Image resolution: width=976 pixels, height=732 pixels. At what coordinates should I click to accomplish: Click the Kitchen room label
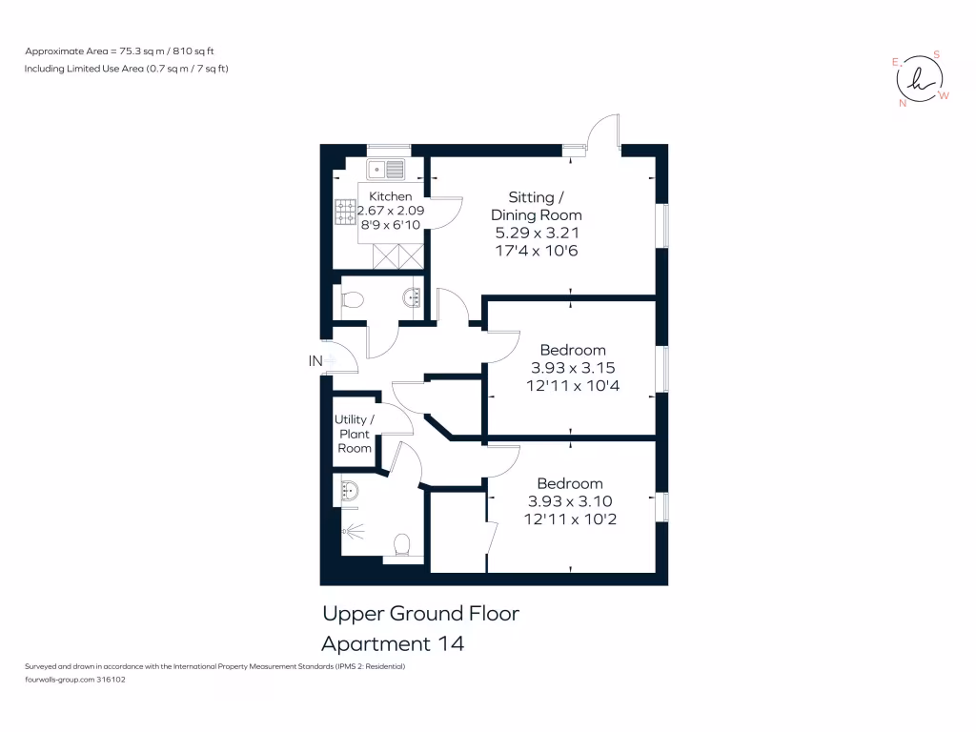click(390, 196)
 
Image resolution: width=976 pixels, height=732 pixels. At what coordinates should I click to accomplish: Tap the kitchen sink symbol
click(385, 169)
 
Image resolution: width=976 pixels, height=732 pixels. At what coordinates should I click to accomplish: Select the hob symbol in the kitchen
click(345, 212)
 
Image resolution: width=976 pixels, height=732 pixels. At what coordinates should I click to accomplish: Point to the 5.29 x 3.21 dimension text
click(537, 233)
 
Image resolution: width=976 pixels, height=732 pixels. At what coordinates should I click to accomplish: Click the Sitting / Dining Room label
click(536, 206)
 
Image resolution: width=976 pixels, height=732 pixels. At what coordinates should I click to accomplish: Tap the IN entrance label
click(315, 361)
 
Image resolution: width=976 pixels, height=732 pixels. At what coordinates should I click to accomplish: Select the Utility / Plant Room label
click(355, 434)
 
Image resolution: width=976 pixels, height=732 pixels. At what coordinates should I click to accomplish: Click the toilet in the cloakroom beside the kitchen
click(353, 300)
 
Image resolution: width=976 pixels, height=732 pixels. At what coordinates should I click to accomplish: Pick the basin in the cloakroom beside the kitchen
click(413, 297)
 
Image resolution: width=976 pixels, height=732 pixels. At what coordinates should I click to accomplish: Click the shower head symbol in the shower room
click(353, 531)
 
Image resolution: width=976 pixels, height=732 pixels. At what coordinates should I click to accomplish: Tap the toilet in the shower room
click(402, 546)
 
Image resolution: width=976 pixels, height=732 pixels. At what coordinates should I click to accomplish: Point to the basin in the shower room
click(350, 491)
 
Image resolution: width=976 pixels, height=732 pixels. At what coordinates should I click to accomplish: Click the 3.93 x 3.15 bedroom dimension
click(573, 368)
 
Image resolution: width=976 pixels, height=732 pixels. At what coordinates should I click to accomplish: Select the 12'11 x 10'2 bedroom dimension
click(570, 519)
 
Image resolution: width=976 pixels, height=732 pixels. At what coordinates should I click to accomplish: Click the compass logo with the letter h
click(920, 79)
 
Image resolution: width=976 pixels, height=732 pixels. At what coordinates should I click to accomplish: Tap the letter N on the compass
click(903, 103)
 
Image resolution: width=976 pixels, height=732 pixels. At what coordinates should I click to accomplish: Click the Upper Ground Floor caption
click(420, 615)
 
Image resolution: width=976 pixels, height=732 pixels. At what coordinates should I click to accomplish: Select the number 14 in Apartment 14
click(451, 643)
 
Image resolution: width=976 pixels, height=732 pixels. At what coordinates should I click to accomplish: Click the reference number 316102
click(111, 680)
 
